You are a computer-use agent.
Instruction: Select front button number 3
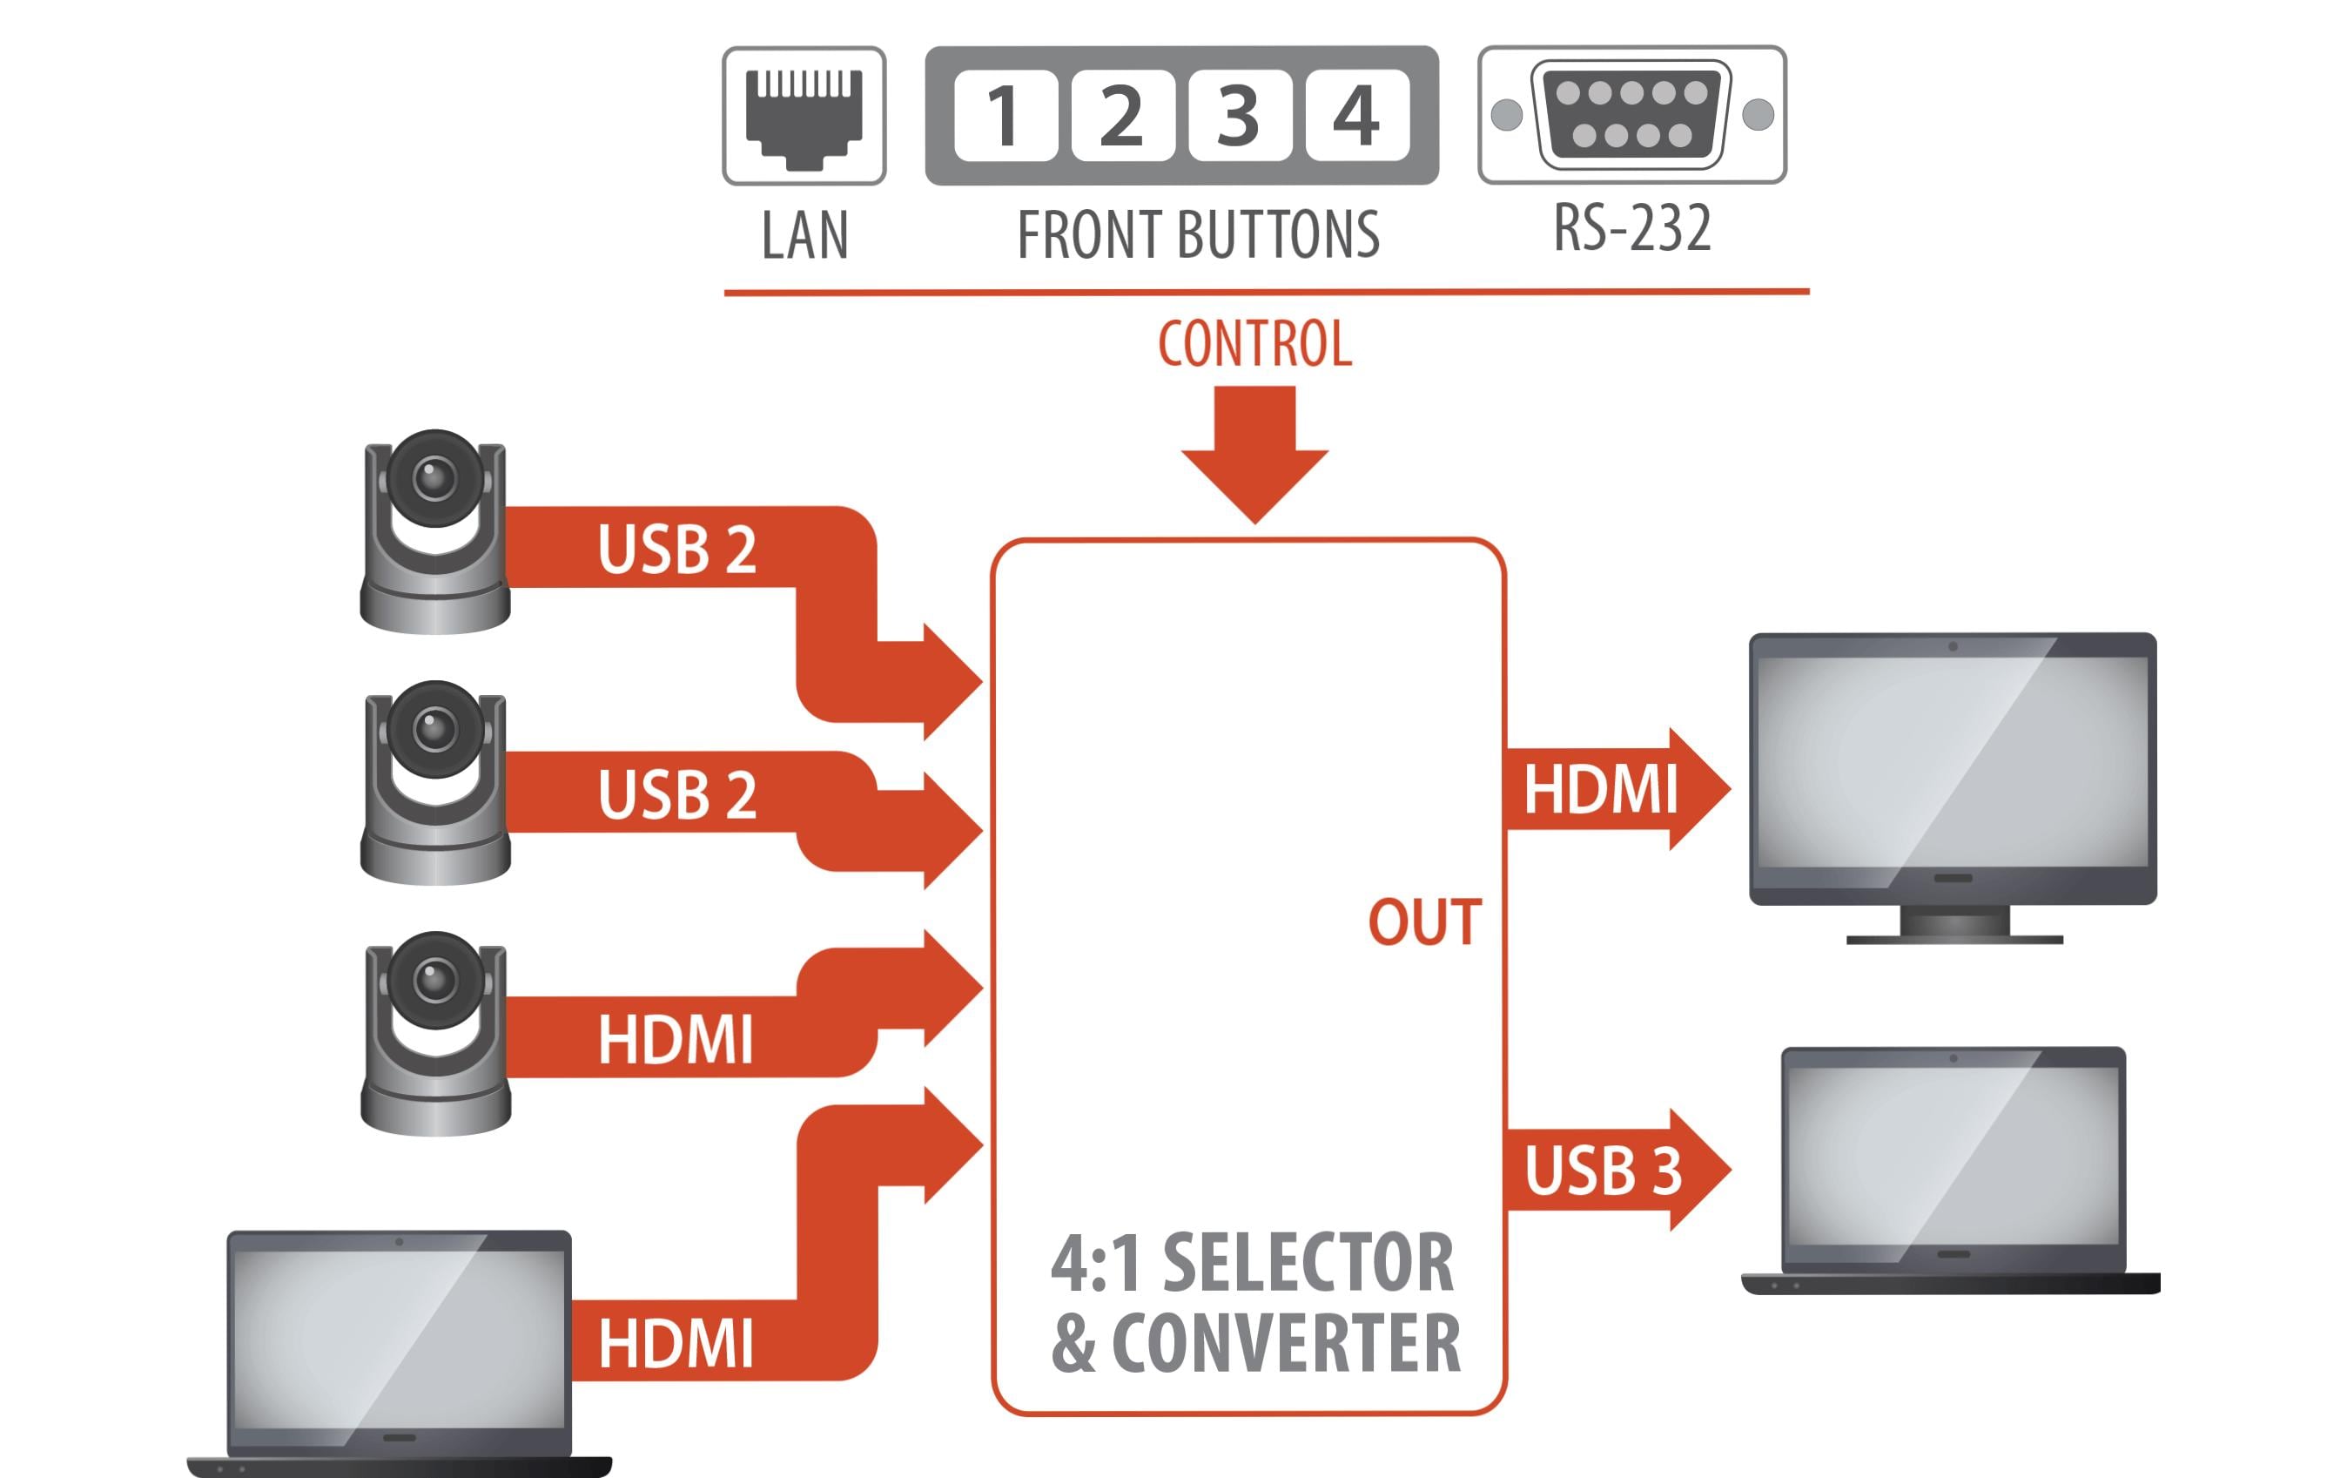point(1240,115)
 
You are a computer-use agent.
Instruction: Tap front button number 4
point(1356,115)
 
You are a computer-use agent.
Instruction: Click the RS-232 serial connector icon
point(1631,115)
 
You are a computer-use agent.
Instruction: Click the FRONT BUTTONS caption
point(1198,235)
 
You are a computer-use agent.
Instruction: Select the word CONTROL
point(1254,343)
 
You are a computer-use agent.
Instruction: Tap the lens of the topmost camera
point(434,478)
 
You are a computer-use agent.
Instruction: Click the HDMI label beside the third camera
point(676,1039)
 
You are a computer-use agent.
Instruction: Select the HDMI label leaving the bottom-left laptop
point(676,1344)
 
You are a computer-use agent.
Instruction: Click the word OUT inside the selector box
point(1424,922)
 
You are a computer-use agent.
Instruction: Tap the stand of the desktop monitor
point(1954,924)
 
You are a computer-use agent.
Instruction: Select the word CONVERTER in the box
point(1286,1344)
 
